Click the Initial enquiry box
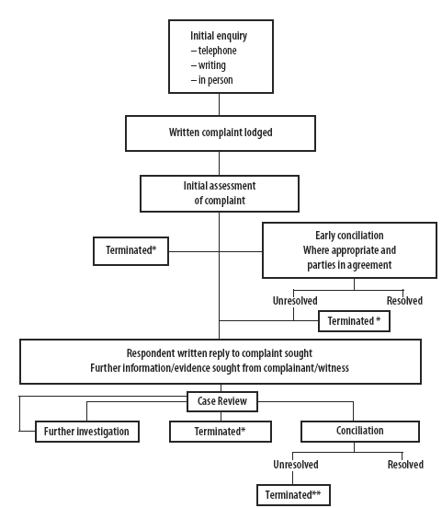click(x=221, y=57)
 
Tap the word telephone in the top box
click(x=217, y=51)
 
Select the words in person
click(x=216, y=80)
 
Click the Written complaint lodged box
click(x=221, y=133)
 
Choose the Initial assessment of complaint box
click(x=220, y=194)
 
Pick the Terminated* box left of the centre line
click(x=130, y=251)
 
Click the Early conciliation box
click(x=349, y=250)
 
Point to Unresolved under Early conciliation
click(x=295, y=301)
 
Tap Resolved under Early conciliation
click(x=404, y=301)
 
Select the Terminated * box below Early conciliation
click(x=354, y=321)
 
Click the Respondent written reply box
click(x=221, y=362)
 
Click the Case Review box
click(x=222, y=401)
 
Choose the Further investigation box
click(x=87, y=432)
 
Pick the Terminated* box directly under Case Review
click(x=221, y=432)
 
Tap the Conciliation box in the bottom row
click(x=360, y=432)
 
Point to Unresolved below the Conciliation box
click(x=296, y=465)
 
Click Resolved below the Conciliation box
click(x=405, y=465)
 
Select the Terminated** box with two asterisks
click(x=293, y=495)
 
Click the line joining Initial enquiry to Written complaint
click(x=219, y=104)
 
